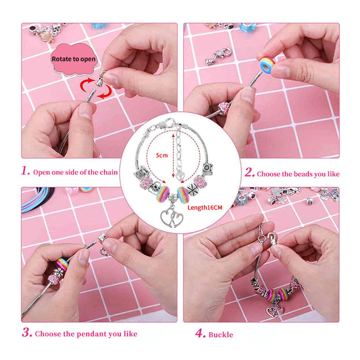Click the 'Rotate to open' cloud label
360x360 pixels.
pyautogui.click(x=74, y=59)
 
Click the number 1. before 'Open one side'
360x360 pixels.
pyautogui.click(x=26, y=171)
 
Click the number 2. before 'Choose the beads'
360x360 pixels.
pyautogui.click(x=250, y=173)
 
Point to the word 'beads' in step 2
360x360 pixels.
pyautogui.click(x=297, y=174)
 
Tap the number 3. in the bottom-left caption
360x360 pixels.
pyautogui.click(x=26, y=333)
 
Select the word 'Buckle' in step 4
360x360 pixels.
pyautogui.click(x=220, y=334)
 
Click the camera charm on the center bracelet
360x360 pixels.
pyautogui.click(x=206, y=168)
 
